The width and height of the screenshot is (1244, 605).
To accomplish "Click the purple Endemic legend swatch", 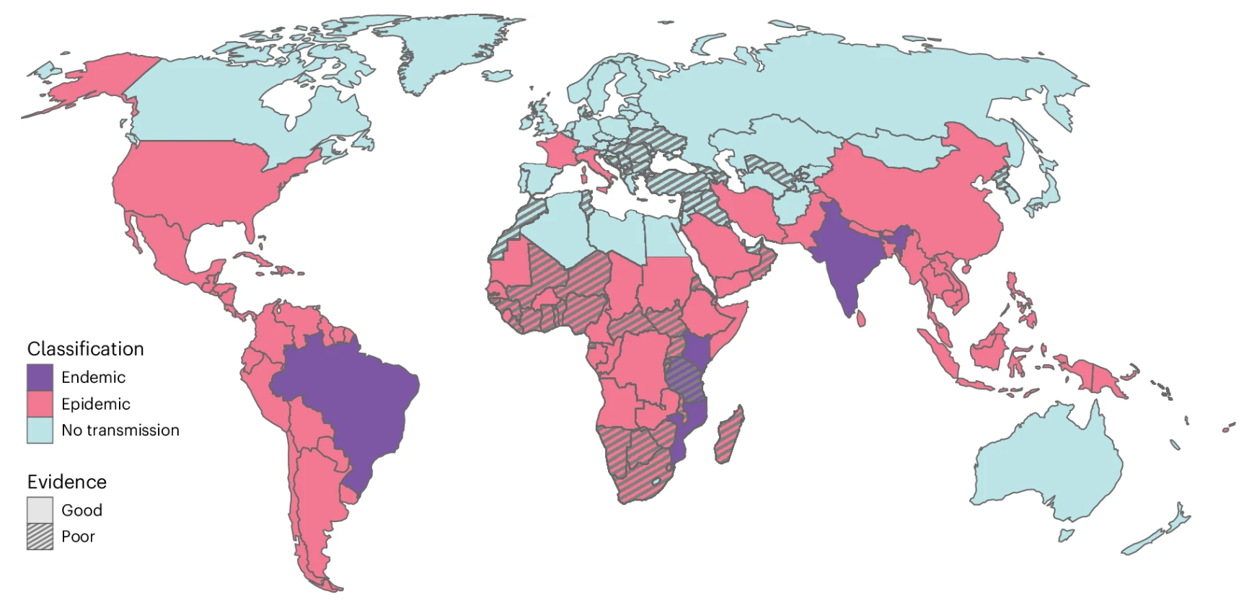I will pos(40,377).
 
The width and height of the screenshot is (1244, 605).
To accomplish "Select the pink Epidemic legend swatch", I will pos(40,404).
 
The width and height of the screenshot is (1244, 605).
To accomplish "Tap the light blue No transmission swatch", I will pos(40,430).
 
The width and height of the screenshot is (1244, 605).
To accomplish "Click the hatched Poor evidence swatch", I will pos(40,536).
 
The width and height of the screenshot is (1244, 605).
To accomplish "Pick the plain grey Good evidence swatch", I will pos(40,510).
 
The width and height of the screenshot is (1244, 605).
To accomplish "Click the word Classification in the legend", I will pos(85,349).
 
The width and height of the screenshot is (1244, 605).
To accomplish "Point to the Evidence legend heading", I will pos(66,482).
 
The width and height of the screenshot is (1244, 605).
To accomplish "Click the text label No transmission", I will pos(120,430).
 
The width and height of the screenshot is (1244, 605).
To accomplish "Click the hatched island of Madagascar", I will pos(730,436).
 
